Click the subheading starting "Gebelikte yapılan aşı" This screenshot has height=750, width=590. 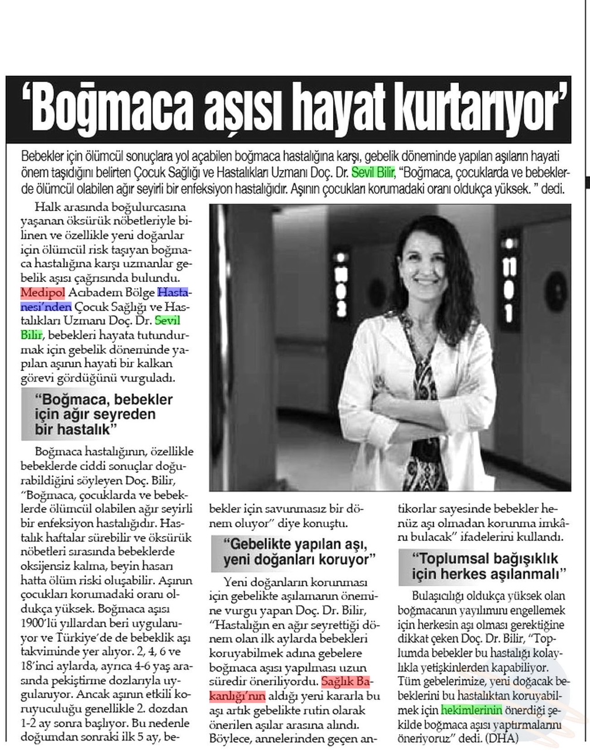point(298,551)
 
